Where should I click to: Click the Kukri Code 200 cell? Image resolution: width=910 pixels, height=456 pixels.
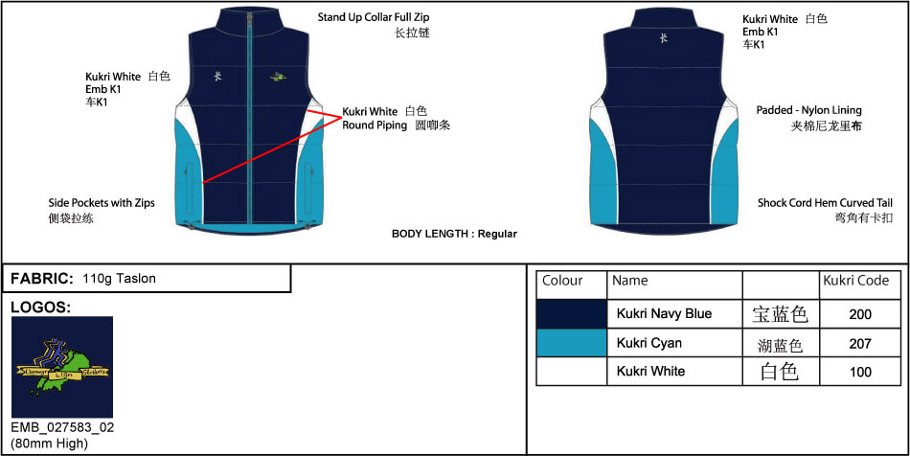860,313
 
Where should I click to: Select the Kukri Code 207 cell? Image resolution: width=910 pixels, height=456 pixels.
860,343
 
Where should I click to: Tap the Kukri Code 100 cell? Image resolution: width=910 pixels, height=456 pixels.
860,372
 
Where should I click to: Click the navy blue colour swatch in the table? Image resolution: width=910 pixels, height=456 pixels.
572,313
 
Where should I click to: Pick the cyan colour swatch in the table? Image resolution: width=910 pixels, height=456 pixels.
572,343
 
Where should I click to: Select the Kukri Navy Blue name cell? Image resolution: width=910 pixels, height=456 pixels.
664,313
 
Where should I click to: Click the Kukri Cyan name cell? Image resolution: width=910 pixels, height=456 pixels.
649,343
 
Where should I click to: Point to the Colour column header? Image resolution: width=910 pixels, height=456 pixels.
562,281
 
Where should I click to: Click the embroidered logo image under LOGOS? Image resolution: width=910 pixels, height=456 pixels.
62,367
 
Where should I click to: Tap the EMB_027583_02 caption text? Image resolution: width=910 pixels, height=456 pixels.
62,427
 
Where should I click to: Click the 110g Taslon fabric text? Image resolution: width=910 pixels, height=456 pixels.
119,279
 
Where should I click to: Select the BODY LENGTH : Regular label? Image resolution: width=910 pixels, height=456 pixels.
454,234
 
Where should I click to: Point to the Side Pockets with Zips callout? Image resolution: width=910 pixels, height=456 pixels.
102,203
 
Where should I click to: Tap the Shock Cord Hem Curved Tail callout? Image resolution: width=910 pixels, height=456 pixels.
825,203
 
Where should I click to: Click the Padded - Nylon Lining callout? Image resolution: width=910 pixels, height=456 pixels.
808,110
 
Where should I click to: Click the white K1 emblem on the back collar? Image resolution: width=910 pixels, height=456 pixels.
664,38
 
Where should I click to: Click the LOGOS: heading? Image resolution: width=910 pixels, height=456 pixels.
40,308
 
